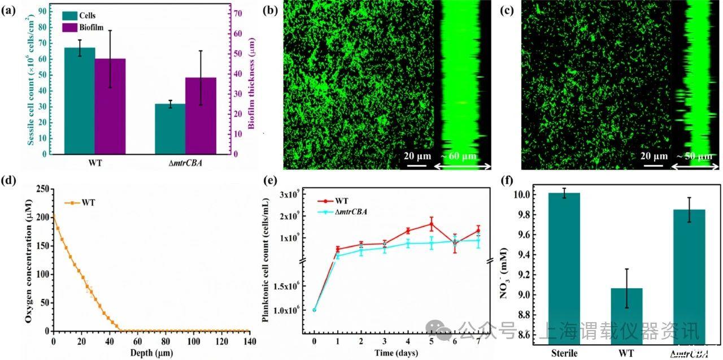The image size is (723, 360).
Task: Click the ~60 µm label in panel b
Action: [x=458, y=156]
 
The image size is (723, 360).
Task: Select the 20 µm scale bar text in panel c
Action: [x=651, y=156]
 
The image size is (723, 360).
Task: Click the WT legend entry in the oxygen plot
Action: [x=88, y=202]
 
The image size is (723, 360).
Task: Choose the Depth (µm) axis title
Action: [x=151, y=353]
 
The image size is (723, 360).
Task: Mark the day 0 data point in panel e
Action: [x=314, y=309]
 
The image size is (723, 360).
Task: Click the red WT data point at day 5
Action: [x=432, y=224]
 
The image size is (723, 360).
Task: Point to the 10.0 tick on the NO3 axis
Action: [x=520, y=195]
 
